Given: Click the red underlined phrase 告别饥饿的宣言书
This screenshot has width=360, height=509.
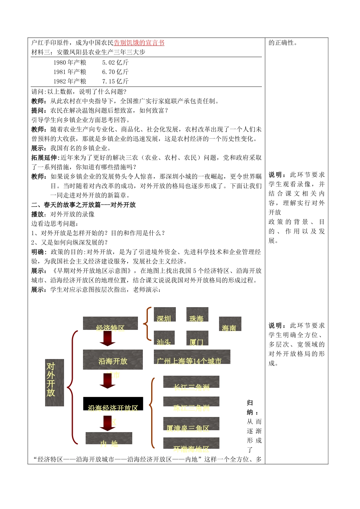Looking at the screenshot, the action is point(139,43).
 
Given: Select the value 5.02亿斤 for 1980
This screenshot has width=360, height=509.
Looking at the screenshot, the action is point(115,62).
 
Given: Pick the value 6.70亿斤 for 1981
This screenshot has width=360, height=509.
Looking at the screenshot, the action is point(115,72).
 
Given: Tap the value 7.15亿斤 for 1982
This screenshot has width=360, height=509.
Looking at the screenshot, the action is point(115,81).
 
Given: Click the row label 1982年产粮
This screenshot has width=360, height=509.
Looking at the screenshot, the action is point(70,81).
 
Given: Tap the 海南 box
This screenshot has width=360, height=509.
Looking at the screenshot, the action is point(230,324).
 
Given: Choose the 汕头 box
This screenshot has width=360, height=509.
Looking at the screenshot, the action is point(164,338).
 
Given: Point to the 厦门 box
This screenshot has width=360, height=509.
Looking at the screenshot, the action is point(197,338).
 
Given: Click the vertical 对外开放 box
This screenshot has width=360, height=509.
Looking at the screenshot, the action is point(54,383).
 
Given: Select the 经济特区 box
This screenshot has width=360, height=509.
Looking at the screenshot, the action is point(110,324).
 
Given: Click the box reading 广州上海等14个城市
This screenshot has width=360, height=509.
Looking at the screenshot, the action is point(192,357).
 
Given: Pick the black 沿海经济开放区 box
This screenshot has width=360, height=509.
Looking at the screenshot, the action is point(113,404).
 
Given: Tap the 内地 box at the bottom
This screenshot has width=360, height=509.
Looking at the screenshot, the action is point(109,439).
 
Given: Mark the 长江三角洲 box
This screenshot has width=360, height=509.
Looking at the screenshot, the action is point(191,382).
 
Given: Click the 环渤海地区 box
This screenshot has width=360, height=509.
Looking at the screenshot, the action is point(191,443).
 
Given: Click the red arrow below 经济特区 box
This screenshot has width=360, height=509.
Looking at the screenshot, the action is point(108,339).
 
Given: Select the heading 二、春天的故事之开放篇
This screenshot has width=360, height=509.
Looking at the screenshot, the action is point(83,205).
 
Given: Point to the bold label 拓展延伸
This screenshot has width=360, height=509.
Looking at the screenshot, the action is point(44,158).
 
